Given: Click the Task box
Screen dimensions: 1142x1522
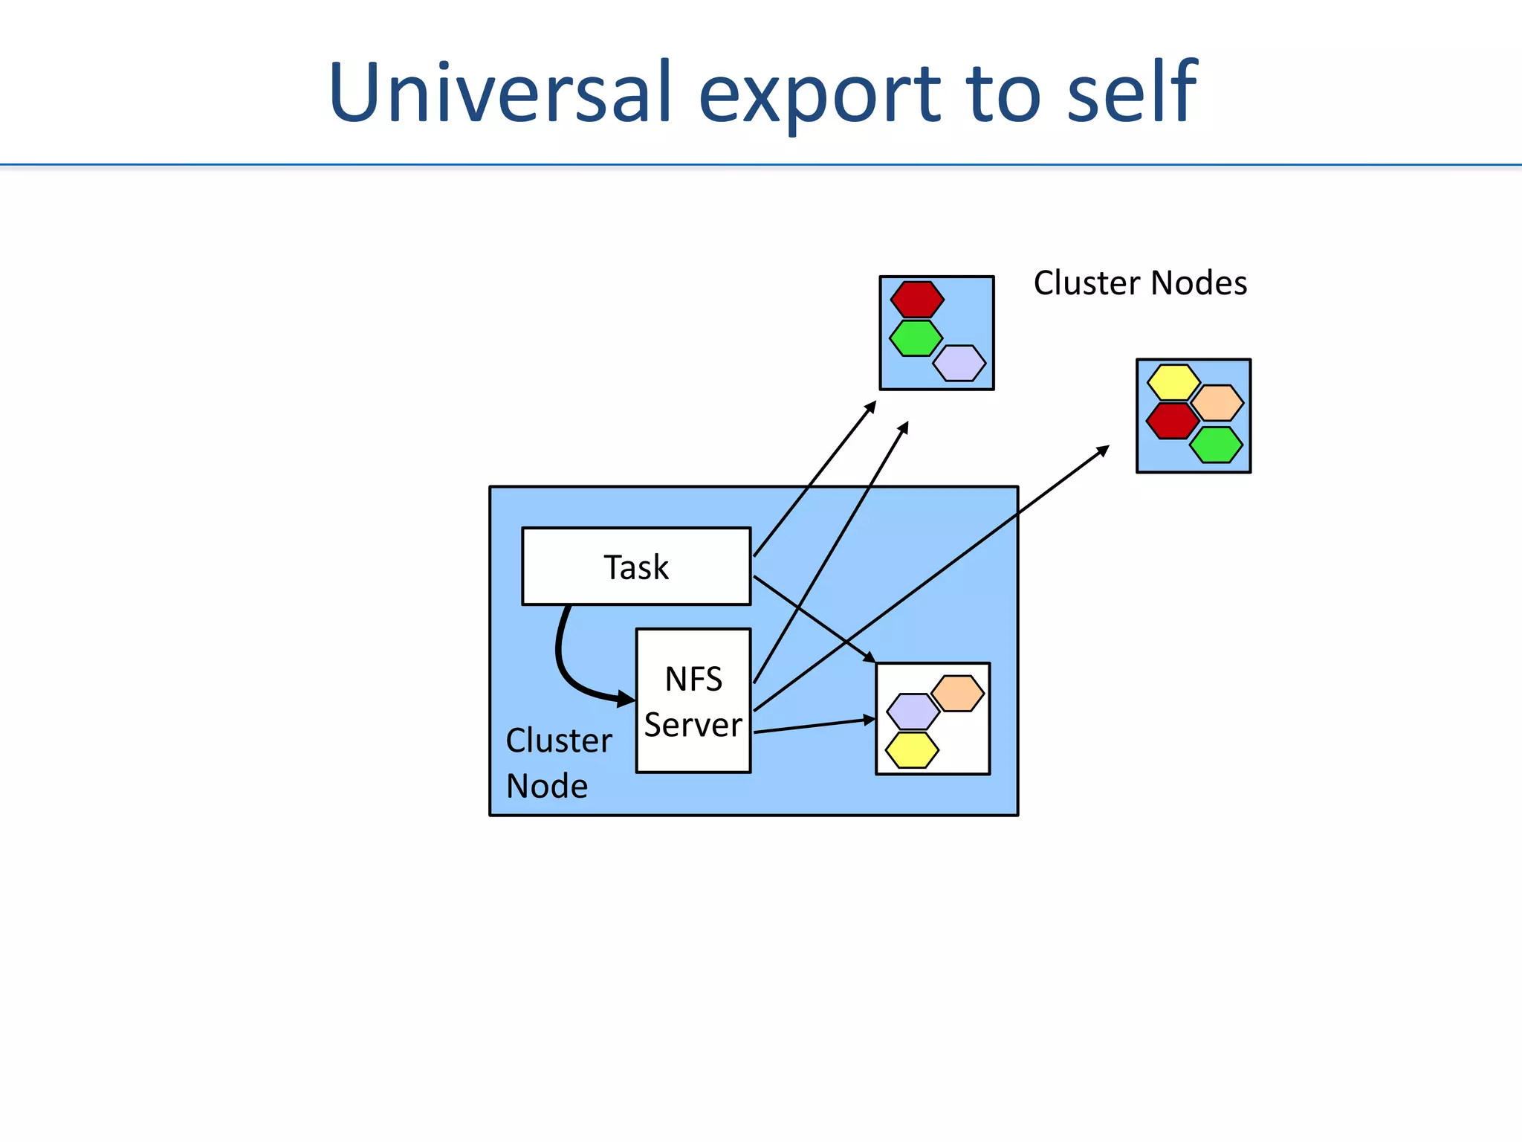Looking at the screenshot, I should pyautogui.click(x=636, y=567).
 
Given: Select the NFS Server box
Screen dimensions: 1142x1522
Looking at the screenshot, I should pyautogui.click(x=693, y=700).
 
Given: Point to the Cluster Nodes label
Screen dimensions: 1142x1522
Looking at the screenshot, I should pyautogui.click(x=1140, y=283).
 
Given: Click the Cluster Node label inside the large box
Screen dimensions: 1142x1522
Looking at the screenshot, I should pyautogui.click(x=557, y=763).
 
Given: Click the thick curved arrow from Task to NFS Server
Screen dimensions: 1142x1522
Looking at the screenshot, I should pyautogui.click(x=563, y=662).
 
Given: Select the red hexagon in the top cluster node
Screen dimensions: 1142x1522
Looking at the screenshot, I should pyautogui.click(x=917, y=300).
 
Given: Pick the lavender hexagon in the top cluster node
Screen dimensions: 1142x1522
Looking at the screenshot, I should pyautogui.click(x=959, y=363).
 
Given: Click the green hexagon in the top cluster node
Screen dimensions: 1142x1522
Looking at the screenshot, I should pyautogui.click(x=916, y=338).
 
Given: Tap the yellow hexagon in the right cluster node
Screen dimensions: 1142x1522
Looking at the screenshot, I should pyautogui.click(x=1173, y=382).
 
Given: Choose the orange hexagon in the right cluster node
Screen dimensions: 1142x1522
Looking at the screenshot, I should pyautogui.click(x=1217, y=402).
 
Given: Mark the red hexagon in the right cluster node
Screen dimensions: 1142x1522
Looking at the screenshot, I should pyautogui.click(x=1171, y=421).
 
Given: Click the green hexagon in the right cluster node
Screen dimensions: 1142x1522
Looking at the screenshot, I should pyautogui.click(x=1216, y=445).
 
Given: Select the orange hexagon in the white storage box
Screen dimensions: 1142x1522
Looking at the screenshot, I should pyautogui.click(x=958, y=693).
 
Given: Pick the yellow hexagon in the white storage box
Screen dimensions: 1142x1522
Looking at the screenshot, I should pyautogui.click(x=912, y=749).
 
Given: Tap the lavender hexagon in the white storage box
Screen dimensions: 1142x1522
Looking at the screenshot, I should pyautogui.click(x=913, y=712).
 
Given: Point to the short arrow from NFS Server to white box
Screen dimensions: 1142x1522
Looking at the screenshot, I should pyautogui.click(x=814, y=726).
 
